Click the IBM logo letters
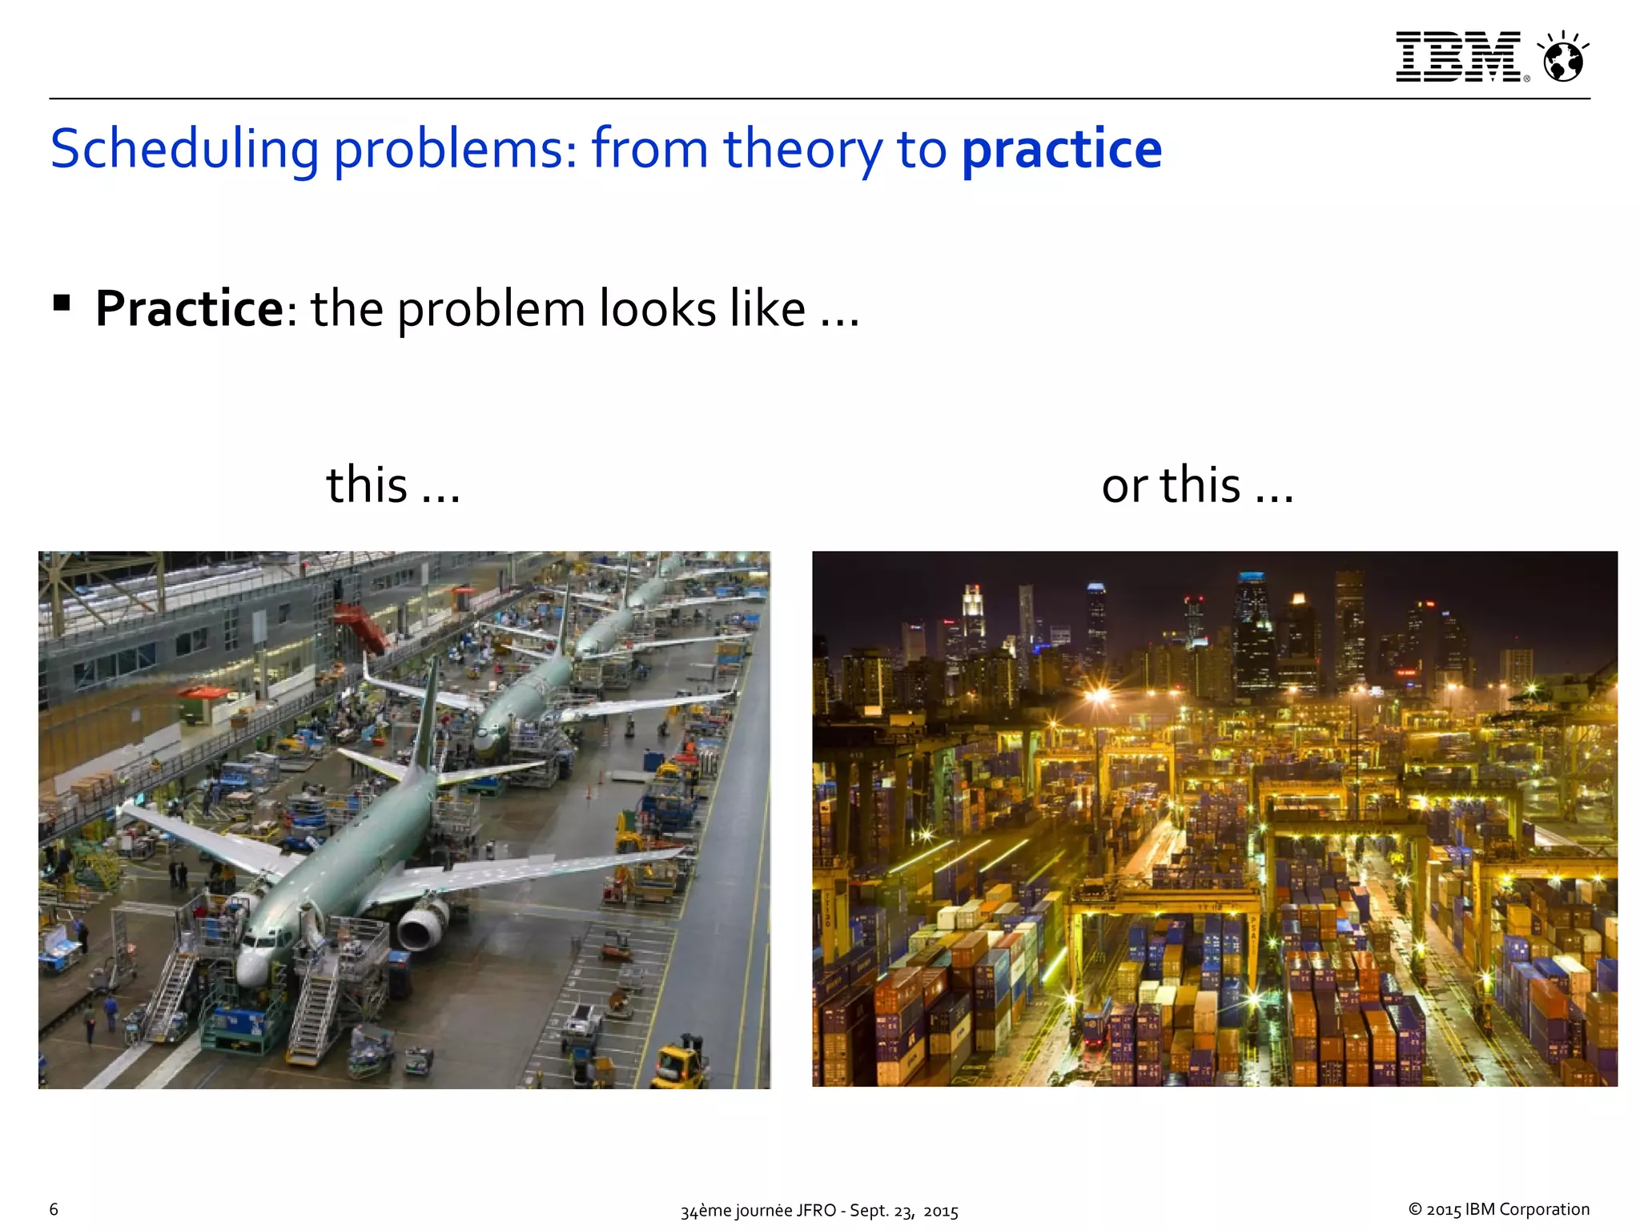click(1457, 57)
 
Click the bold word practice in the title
click(1061, 150)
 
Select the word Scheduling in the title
click(184, 150)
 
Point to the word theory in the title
click(802, 150)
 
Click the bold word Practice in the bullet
click(189, 308)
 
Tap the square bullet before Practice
click(62, 303)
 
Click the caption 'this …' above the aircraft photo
click(392, 485)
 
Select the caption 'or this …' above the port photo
click(1197, 485)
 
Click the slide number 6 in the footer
click(54, 1209)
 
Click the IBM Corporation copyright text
click(1498, 1209)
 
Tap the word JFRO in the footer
click(816, 1211)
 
